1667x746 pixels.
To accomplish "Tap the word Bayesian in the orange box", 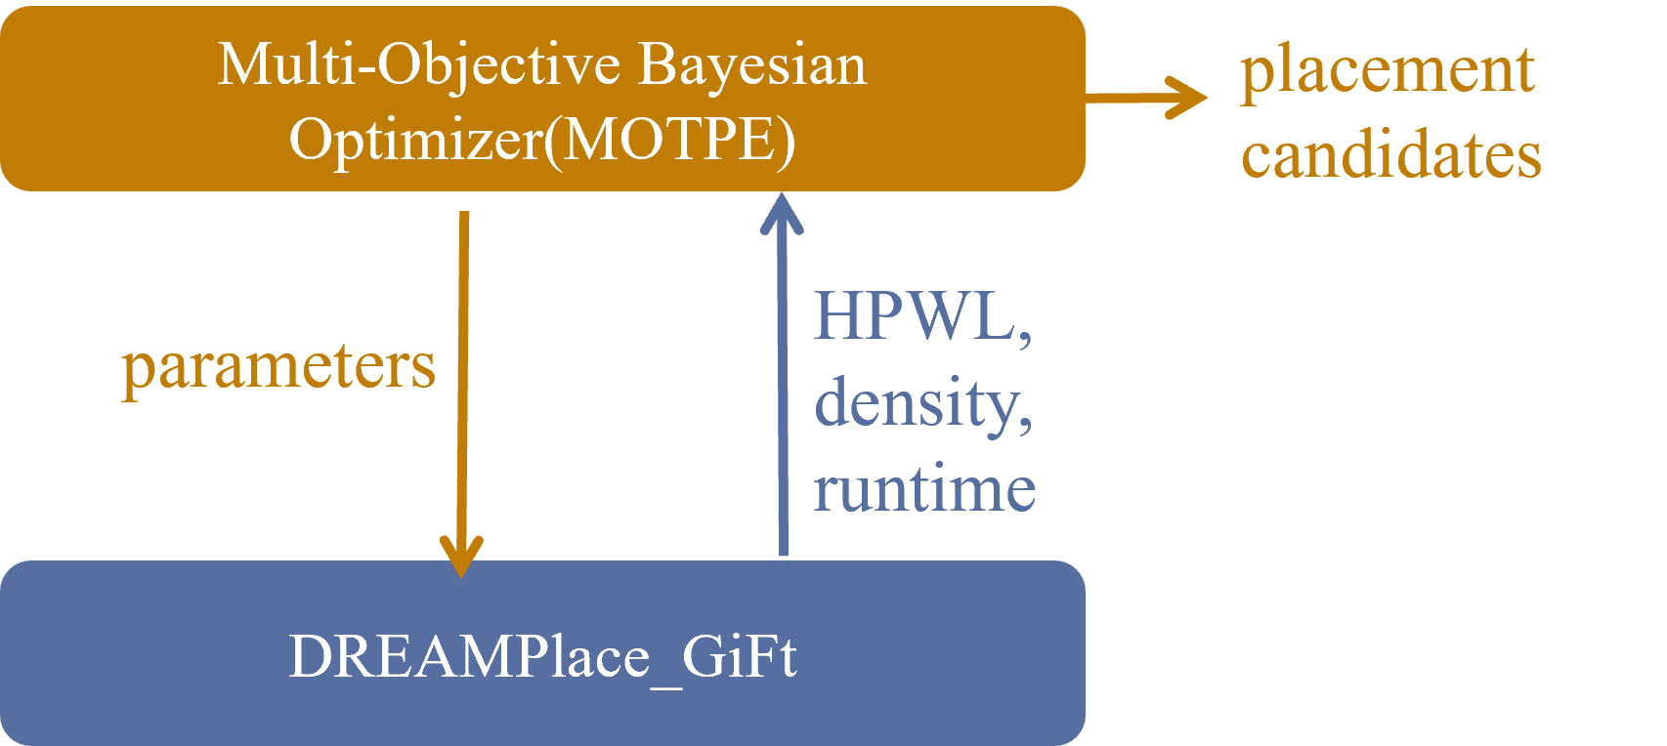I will (x=752, y=65).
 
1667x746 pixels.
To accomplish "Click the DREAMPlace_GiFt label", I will (x=542, y=656).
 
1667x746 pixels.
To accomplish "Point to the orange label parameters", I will (x=278, y=367).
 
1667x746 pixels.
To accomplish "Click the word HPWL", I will (x=914, y=316).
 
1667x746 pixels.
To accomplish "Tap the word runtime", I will (x=924, y=488).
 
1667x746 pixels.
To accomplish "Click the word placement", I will (x=1388, y=70).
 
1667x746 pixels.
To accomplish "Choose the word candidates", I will (x=1391, y=155).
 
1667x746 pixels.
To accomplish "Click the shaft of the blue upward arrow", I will (x=782, y=391).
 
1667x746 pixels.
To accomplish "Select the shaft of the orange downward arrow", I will (x=462, y=371).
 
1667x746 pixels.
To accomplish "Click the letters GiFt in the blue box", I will (x=739, y=656).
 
